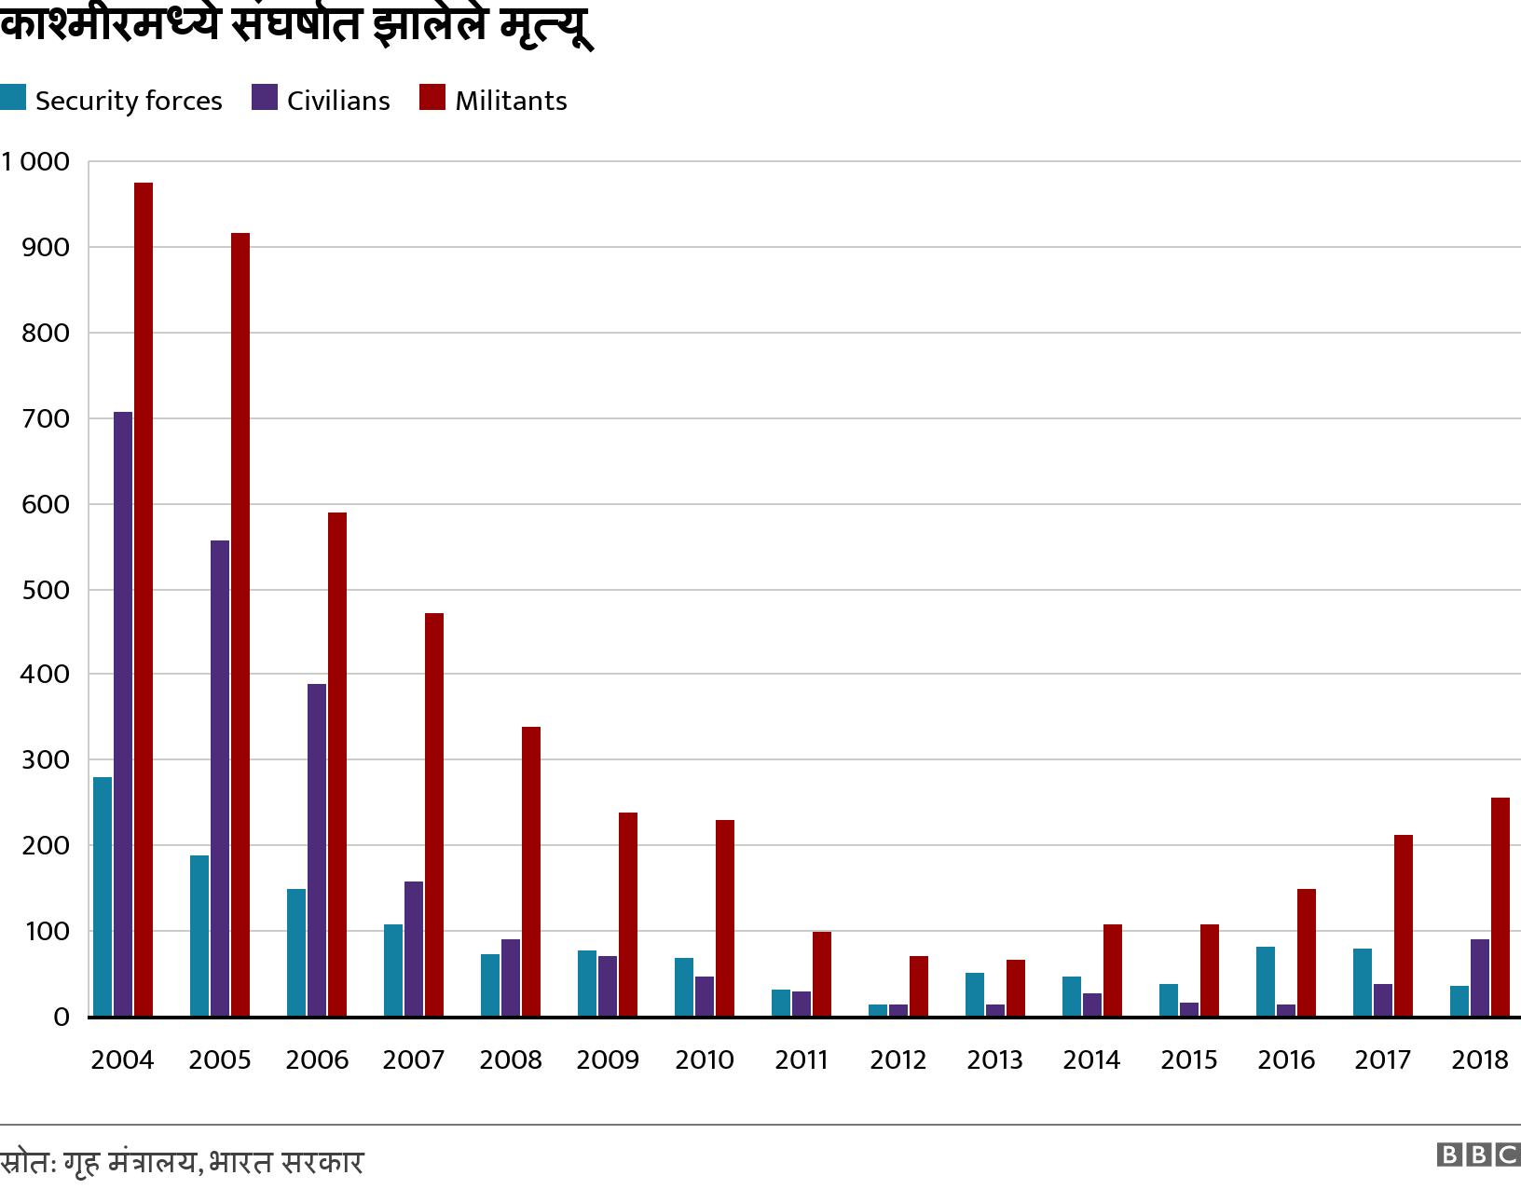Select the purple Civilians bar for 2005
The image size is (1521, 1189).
coord(220,778)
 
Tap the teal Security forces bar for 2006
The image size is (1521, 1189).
coord(296,952)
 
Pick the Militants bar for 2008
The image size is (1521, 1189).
coord(531,871)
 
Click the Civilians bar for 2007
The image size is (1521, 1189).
coord(414,949)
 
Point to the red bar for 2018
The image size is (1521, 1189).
coord(1500,907)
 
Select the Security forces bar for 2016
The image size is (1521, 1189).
coord(1266,981)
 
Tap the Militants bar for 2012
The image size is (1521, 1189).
coord(919,986)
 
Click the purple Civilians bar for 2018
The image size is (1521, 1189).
coord(1480,977)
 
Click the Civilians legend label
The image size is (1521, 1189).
coord(338,101)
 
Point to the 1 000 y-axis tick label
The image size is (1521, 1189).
coord(35,162)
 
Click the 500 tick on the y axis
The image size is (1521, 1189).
coord(45,590)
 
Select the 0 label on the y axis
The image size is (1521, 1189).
coord(62,1017)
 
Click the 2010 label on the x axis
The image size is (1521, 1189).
coord(705,1060)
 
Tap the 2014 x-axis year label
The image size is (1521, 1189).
coord(1091,1060)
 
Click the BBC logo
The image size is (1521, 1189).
coord(1478,1155)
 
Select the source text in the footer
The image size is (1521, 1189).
coord(182,1163)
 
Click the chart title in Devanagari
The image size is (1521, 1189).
coord(296,24)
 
